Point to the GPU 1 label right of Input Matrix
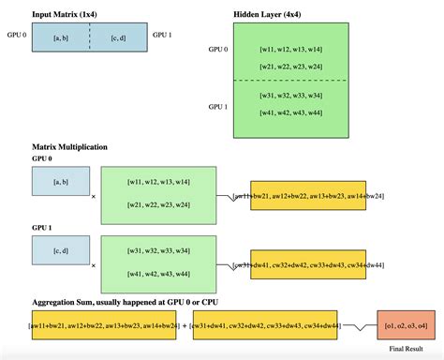pos(163,36)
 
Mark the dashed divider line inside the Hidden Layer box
pos(289,81)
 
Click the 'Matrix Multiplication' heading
pos(70,147)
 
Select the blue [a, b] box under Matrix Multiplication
pos(59,181)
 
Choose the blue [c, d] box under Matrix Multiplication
pos(59,249)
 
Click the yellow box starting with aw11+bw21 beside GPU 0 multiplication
pos(308,196)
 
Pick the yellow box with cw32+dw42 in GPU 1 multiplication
pos(308,265)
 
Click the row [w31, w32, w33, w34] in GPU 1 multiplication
pos(158,250)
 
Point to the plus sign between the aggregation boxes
pos(185,325)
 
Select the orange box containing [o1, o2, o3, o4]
pos(406,325)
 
